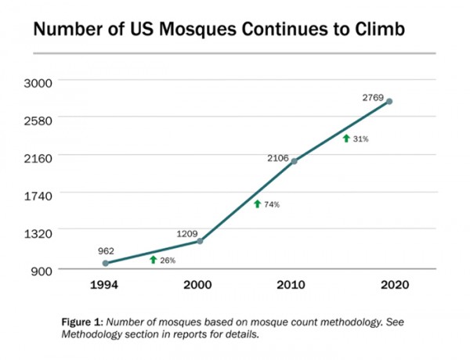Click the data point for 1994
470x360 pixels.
click(106, 263)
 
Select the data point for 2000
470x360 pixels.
click(200, 241)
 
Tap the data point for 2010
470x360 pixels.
click(295, 161)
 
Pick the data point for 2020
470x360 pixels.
click(389, 102)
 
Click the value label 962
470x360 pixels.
click(106, 250)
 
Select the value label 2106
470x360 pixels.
click(280, 157)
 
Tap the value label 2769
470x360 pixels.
click(374, 97)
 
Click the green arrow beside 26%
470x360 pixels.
click(154, 260)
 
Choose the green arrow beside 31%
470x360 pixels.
click(345, 139)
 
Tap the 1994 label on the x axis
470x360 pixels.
click(106, 286)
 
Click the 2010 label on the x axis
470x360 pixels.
click(295, 286)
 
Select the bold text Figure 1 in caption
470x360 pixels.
click(81, 322)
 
